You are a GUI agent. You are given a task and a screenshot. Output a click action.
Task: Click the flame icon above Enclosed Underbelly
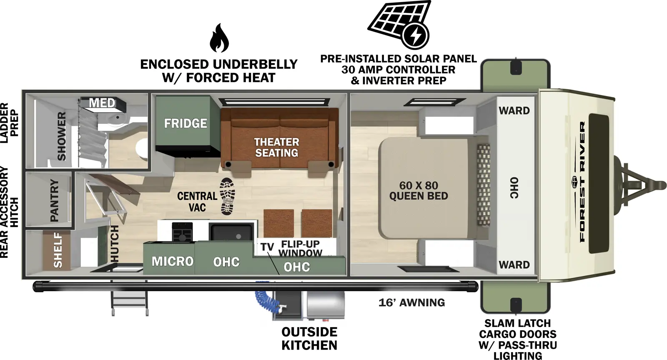(219, 38)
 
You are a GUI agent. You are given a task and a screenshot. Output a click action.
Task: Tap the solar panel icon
(399, 24)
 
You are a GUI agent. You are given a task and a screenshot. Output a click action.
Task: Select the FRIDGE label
(186, 123)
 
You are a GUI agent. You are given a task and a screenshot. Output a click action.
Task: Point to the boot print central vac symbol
(228, 196)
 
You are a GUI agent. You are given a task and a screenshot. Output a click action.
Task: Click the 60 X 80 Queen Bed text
(419, 191)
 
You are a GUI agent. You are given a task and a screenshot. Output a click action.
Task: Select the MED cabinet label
(102, 103)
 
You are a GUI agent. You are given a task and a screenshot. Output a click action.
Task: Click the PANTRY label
(55, 200)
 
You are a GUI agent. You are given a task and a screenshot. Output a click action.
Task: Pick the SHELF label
(58, 250)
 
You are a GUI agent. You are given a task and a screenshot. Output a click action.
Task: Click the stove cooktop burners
(182, 232)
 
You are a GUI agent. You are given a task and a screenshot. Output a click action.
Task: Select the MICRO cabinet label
(173, 262)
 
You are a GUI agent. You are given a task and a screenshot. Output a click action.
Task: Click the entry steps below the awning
(129, 302)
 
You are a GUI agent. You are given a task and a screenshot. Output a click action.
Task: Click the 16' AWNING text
(411, 303)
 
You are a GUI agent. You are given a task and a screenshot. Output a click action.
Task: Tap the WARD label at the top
(514, 111)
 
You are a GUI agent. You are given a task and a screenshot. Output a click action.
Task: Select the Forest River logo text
(582, 181)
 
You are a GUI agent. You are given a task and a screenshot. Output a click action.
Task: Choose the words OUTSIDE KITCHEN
(309, 339)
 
